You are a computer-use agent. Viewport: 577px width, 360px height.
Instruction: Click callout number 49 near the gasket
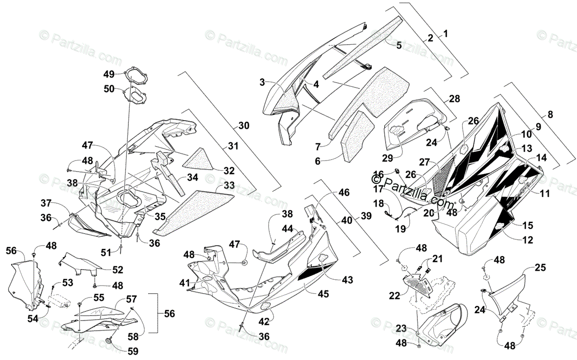click(x=109, y=74)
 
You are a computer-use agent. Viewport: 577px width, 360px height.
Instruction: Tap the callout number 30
click(x=244, y=126)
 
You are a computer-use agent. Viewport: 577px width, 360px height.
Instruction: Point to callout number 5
click(x=399, y=46)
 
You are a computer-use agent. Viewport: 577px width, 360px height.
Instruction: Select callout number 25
click(x=540, y=268)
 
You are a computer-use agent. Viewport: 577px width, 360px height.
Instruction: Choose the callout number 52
click(x=117, y=270)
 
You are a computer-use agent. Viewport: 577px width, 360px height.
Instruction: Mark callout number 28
click(x=454, y=99)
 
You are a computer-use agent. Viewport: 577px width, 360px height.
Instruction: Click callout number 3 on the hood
click(x=262, y=82)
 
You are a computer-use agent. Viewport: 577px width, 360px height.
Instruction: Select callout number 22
click(x=395, y=297)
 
